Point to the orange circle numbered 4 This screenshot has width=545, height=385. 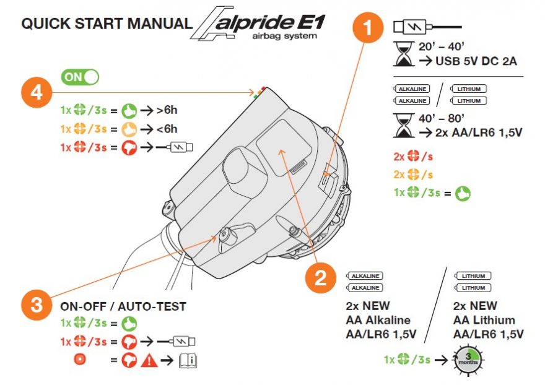click(37, 93)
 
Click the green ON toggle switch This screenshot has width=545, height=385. click(80, 77)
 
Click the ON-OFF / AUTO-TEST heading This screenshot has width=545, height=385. click(123, 306)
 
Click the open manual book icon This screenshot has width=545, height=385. click(189, 360)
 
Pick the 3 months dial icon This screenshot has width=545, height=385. click(469, 359)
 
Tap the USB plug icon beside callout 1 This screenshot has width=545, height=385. click(427, 28)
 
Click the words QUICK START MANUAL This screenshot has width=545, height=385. click(106, 24)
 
